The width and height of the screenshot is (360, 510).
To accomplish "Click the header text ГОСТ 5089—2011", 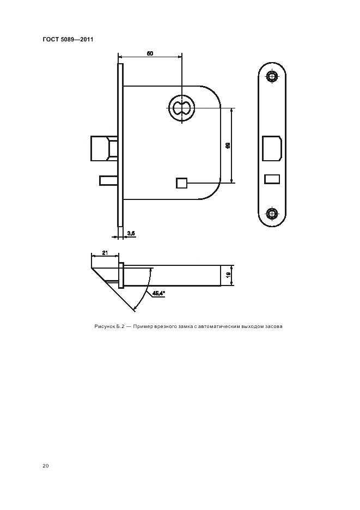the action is click(x=68, y=39).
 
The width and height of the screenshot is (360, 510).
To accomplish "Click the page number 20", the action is click(x=46, y=466).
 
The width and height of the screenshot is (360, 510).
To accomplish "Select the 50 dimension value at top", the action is click(x=150, y=53).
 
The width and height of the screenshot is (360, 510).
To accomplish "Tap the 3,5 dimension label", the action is click(x=131, y=233).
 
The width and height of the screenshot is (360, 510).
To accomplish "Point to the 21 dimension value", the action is click(x=105, y=253).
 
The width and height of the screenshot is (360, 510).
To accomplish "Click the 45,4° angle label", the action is click(x=158, y=293).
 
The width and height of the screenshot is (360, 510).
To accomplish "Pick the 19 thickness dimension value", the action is click(x=228, y=275).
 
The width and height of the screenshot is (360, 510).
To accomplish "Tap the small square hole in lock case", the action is click(x=181, y=183).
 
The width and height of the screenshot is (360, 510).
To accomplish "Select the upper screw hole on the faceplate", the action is click(x=272, y=77).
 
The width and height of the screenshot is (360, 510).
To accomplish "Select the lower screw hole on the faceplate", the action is click(x=272, y=214).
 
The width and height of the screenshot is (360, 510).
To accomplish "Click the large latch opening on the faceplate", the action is click(x=272, y=148).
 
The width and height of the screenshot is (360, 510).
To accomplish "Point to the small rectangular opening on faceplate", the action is click(x=272, y=179).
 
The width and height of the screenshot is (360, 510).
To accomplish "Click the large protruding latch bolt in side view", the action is click(x=103, y=148).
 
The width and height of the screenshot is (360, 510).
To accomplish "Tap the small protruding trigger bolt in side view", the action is click(x=108, y=180).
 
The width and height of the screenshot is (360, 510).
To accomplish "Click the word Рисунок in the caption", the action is click(x=104, y=326).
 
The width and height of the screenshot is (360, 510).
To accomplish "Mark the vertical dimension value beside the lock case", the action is click(x=228, y=145).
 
